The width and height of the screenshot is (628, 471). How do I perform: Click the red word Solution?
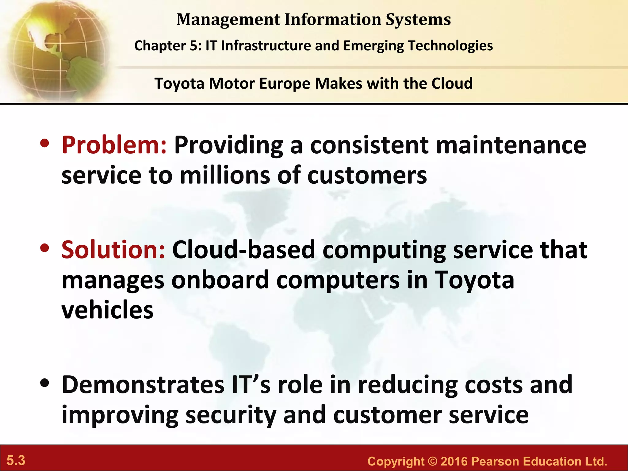(113, 250)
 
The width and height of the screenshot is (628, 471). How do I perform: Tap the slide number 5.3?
(16, 461)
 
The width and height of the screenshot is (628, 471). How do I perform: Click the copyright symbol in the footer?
(432, 461)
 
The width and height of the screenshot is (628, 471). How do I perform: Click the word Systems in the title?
(418, 20)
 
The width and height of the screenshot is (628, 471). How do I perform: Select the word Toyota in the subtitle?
(179, 83)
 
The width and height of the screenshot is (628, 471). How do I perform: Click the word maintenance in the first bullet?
(511, 145)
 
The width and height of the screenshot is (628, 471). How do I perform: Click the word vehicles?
(107, 310)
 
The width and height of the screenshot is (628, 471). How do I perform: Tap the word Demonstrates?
(143, 385)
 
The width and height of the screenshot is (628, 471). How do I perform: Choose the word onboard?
(220, 280)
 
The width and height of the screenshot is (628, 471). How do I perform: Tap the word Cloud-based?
(244, 250)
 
